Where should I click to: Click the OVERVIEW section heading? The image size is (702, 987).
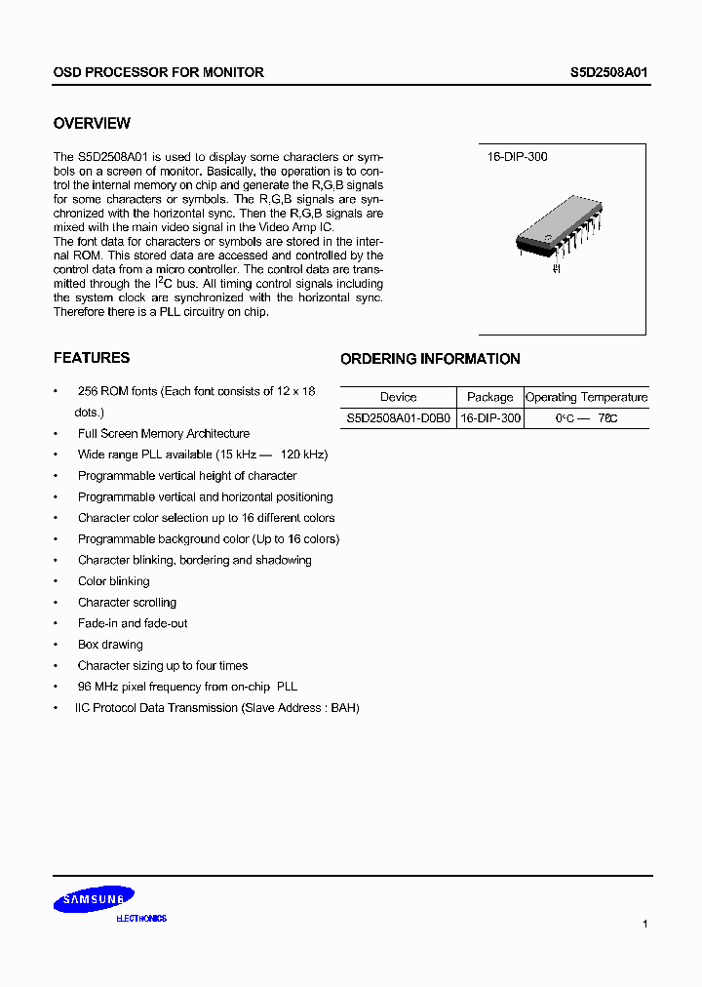92,124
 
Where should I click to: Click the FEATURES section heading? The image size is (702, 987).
91,358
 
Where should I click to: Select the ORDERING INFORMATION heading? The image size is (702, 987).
430,359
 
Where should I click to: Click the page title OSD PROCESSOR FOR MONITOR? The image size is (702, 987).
158,72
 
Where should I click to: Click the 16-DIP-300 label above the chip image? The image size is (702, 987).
517,156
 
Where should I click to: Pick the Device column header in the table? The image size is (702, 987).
398,397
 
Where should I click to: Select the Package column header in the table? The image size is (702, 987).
489,397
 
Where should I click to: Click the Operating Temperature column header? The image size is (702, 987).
586,397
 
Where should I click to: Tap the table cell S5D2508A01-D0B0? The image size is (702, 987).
398,417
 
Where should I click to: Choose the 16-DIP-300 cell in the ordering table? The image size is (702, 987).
489,417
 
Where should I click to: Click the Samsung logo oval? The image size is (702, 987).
94,899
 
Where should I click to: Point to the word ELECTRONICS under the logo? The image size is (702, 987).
141,919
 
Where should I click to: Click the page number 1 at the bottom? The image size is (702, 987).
645,923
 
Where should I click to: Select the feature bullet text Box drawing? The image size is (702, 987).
110,645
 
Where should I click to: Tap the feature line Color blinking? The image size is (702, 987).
114,581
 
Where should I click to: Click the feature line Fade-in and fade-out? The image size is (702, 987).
133,623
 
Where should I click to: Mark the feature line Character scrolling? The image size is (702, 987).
127,603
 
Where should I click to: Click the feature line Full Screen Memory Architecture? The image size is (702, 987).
164,434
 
